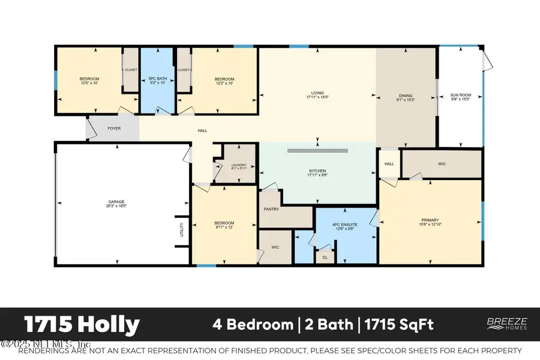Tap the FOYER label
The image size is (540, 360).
pyautogui.click(x=114, y=128)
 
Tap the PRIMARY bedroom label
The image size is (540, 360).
pyautogui.click(x=430, y=221)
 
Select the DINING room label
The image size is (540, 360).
pyautogui.click(x=406, y=96)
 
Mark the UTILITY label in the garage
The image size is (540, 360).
pyautogui.click(x=181, y=230)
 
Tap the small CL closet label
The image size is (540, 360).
pyautogui.click(x=325, y=257)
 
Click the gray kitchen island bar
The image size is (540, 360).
pyautogui.click(x=317, y=150)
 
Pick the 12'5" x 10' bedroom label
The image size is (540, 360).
pyautogui.click(x=89, y=81)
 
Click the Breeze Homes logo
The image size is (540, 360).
pyautogui.click(x=506, y=324)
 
